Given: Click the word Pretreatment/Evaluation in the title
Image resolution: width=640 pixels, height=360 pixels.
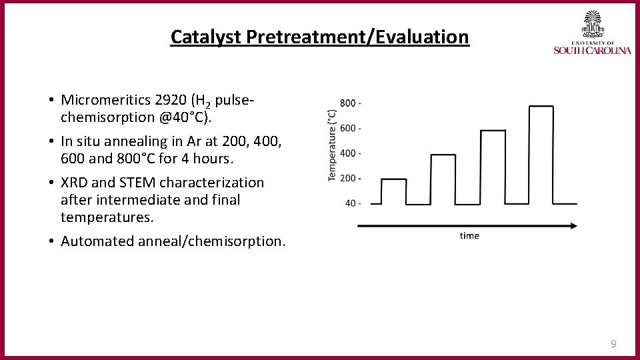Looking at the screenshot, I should (358, 37).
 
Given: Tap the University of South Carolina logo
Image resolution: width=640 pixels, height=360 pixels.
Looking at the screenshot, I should (591, 33).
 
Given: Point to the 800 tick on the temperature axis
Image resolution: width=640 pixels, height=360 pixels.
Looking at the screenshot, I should (351, 103).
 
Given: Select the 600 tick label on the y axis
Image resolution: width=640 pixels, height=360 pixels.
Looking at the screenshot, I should (351, 128).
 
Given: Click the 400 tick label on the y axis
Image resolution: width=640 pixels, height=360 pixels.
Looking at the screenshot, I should (351, 153).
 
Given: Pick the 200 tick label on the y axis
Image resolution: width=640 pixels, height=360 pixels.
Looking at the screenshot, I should (351, 178).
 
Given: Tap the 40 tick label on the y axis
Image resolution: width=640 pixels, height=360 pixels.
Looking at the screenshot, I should (353, 203).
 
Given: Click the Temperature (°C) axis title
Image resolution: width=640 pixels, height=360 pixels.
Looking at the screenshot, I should (332, 145).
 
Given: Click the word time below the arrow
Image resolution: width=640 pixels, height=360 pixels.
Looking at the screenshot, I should (469, 236).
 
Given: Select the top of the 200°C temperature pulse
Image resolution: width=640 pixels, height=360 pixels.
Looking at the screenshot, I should (393, 179).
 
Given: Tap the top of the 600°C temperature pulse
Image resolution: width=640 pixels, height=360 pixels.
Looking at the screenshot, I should (493, 131).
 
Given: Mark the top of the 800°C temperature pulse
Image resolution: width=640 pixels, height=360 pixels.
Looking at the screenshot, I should (541, 106).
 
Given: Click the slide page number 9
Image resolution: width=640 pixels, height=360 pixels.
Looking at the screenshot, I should (613, 344).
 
